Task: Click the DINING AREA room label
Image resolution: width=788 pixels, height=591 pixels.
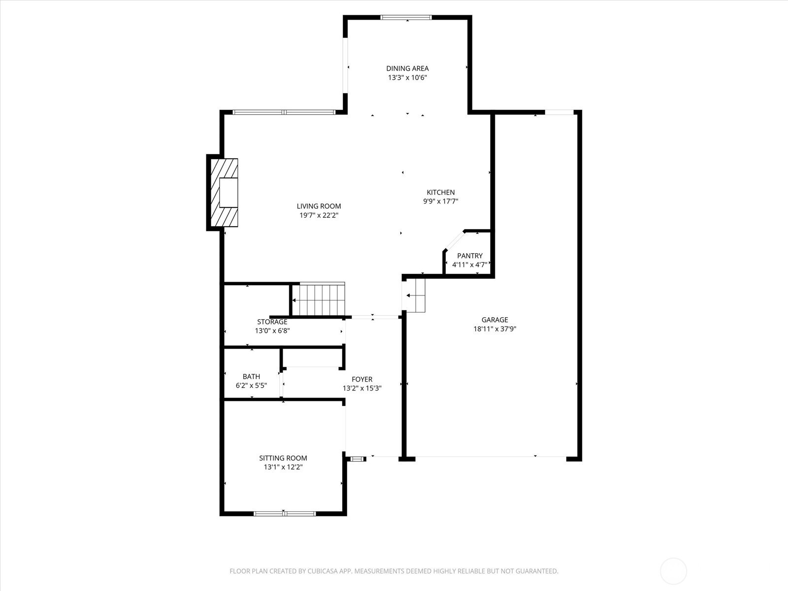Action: (x=407, y=68)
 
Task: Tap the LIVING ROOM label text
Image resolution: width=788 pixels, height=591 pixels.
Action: (x=319, y=206)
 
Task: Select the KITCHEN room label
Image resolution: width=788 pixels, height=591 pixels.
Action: (x=440, y=193)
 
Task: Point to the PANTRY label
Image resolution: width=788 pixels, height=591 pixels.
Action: (x=469, y=256)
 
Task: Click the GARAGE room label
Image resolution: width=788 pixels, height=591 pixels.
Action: (x=494, y=320)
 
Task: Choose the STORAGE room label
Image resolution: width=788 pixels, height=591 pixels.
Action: (x=272, y=322)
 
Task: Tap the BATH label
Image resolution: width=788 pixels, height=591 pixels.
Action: (x=251, y=376)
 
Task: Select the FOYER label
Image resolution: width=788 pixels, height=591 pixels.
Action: (x=362, y=379)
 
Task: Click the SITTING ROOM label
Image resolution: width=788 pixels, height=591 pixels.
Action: (x=283, y=458)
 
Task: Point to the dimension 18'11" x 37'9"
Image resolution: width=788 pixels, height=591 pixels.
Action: (x=494, y=328)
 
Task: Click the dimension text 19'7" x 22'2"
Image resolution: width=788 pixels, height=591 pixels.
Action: (x=319, y=215)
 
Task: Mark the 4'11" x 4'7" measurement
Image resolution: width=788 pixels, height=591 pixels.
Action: (x=469, y=265)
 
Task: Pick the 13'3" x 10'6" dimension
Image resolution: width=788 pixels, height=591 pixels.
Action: (x=407, y=77)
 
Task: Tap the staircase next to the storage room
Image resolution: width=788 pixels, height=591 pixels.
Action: (x=319, y=299)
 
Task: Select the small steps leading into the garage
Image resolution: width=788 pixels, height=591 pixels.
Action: (x=415, y=295)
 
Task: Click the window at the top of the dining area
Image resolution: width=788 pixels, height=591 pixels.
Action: (x=406, y=17)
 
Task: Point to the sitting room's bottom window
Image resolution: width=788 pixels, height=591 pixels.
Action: (x=284, y=514)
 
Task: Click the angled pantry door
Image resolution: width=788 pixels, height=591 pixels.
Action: (x=455, y=240)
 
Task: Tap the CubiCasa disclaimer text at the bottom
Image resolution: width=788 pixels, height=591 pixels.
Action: (x=394, y=571)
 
